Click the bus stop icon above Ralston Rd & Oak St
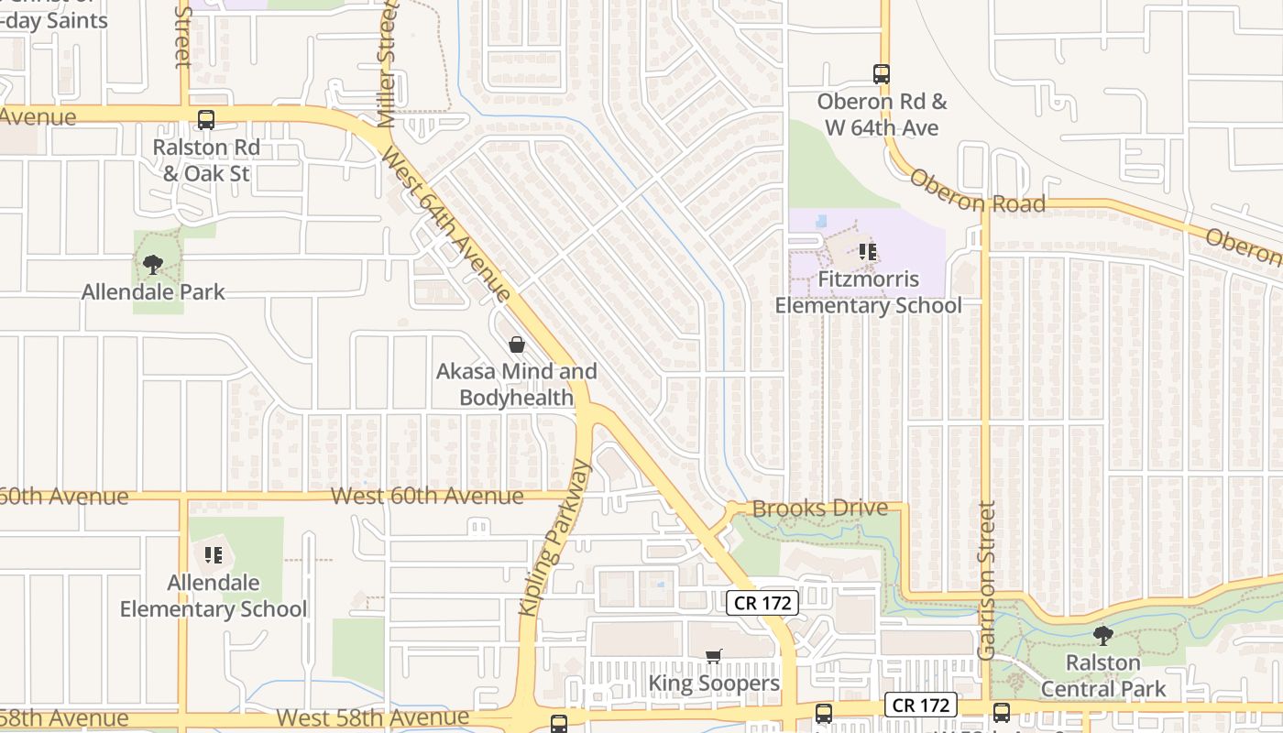tap(206, 119)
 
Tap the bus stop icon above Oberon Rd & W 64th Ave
tap(882, 74)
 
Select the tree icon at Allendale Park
tap(153, 265)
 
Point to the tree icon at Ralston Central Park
tap(1103, 635)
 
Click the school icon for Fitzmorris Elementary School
tap(868, 251)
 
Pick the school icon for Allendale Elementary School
tap(214, 554)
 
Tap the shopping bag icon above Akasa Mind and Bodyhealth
tap(517, 345)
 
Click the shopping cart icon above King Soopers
tap(714, 656)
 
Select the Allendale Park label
tap(153, 292)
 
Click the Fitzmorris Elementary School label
tap(868, 291)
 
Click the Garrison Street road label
tap(986, 579)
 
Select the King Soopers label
tap(714, 683)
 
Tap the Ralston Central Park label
tap(1103, 675)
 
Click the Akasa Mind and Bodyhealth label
tap(516, 384)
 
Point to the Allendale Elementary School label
tap(214, 596)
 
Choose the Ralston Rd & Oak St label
tap(206, 159)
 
